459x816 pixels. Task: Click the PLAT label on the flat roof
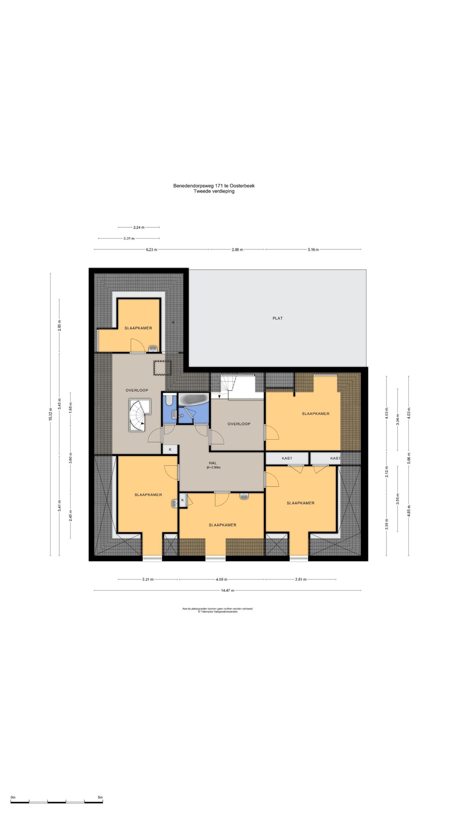point(277,318)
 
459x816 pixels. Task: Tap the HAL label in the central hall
point(213,463)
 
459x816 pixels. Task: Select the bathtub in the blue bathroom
point(193,399)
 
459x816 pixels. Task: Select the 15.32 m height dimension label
point(50,414)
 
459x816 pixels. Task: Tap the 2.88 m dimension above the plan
point(237,250)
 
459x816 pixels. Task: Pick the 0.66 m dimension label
point(409,458)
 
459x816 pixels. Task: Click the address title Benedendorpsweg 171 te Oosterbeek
point(214,186)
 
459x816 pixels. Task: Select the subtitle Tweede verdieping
point(214,191)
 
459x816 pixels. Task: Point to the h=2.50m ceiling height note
point(214,468)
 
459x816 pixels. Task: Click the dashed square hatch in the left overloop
point(163,368)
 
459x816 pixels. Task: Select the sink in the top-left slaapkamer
point(153,348)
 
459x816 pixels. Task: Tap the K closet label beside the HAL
point(170,449)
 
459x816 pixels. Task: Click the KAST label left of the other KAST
point(287,458)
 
